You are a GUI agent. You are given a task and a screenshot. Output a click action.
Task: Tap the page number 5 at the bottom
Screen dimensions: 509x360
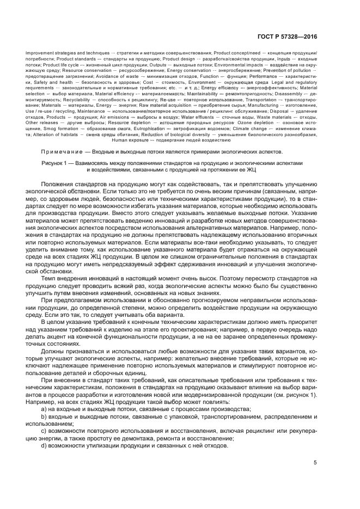pos(316,463)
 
